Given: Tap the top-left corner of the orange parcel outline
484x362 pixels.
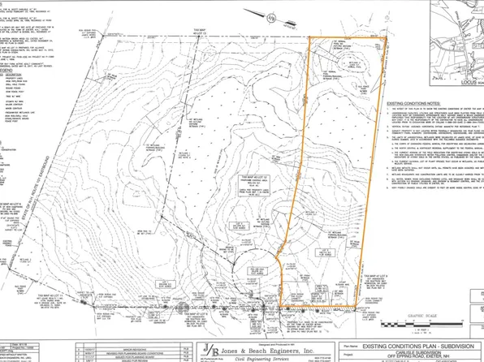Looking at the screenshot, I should point(310,37).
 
